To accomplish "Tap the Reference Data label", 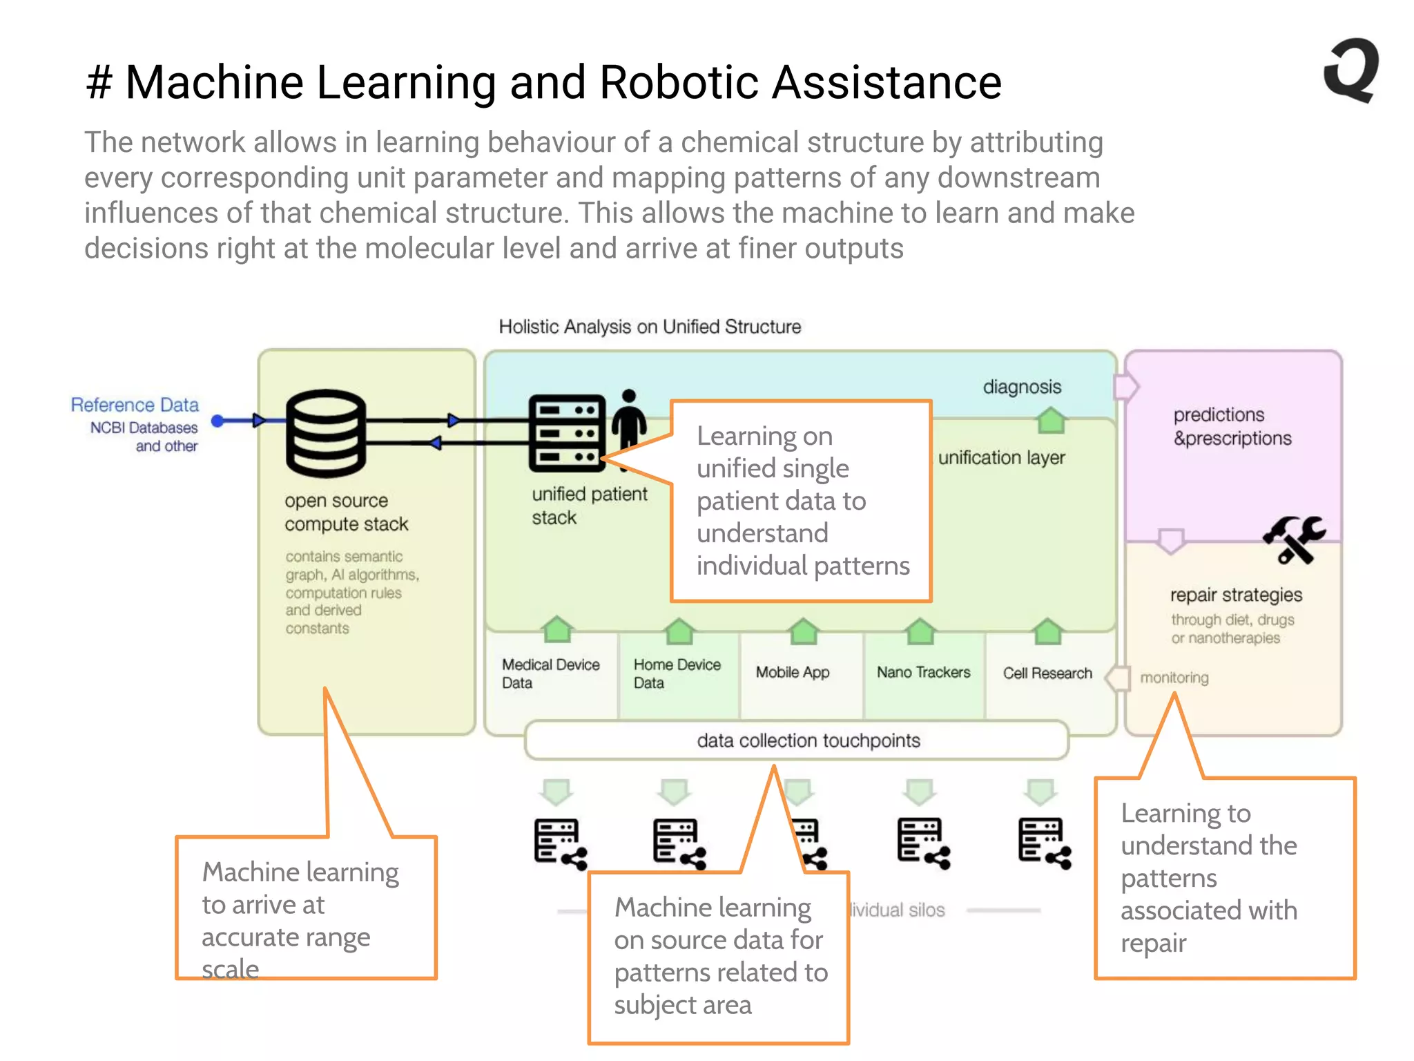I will (135, 405).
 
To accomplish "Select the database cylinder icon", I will (325, 433).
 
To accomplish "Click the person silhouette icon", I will (629, 421).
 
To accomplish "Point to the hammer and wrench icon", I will (1293, 539).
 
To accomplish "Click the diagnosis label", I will (1022, 387).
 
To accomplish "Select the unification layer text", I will (1001, 457).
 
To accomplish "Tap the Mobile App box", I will (793, 672).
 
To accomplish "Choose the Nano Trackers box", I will (923, 672).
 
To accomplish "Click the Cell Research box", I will (1047, 673).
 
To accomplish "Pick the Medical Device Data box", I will (550, 673).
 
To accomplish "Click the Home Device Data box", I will (677, 673).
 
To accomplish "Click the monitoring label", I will (1174, 678).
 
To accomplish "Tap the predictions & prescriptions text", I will (1232, 426).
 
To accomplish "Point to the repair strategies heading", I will (1236, 595).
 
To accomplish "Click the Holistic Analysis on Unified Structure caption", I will (650, 327).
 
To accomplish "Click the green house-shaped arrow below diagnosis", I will (1051, 420).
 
